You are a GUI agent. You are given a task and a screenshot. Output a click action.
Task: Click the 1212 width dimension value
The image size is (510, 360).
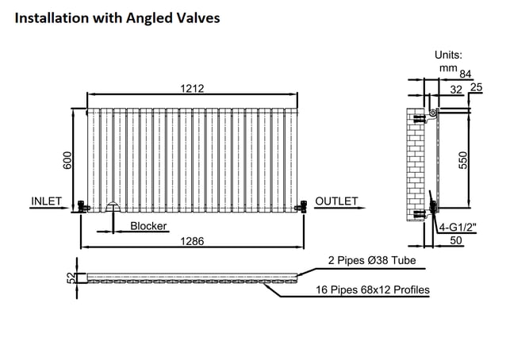click(x=192, y=89)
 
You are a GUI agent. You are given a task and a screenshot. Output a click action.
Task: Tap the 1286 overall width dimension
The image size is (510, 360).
click(x=192, y=241)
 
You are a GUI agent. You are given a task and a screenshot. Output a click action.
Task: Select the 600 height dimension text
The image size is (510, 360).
click(x=67, y=160)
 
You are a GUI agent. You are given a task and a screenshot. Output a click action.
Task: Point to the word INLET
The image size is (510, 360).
click(x=47, y=201)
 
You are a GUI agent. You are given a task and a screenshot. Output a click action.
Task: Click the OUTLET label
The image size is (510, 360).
click(x=336, y=201)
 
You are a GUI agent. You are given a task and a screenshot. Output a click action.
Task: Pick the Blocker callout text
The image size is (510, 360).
click(x=148, y=226)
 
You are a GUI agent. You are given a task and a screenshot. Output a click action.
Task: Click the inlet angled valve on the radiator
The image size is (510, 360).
click(x=82, y=206)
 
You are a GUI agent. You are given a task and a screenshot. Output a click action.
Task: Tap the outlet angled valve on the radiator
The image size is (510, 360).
click(x=301, y=206)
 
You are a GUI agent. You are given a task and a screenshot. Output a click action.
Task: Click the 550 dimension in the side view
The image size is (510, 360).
click(x=462, y=160)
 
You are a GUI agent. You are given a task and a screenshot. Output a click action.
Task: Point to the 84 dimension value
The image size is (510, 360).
click(x=466, y=75)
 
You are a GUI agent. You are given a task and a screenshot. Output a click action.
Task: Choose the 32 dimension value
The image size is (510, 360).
click(x=456, y=90)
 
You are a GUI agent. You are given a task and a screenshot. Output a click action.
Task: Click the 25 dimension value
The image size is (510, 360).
click(x=476, y=87)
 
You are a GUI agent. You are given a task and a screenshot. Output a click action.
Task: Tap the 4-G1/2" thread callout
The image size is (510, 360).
click(x=458, y=228)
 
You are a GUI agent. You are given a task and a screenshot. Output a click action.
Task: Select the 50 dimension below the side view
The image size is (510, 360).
click(x=456, y=240)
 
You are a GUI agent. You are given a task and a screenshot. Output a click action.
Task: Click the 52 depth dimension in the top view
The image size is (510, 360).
click(x=71, y=278)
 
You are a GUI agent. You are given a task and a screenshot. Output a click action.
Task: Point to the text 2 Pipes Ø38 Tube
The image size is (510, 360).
click(x=372, y=260)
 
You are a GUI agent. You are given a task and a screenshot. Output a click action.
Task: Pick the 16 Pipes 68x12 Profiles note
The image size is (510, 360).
click(x=373, y=289)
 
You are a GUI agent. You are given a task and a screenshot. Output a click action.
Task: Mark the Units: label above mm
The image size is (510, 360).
click(x=448, y=55)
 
